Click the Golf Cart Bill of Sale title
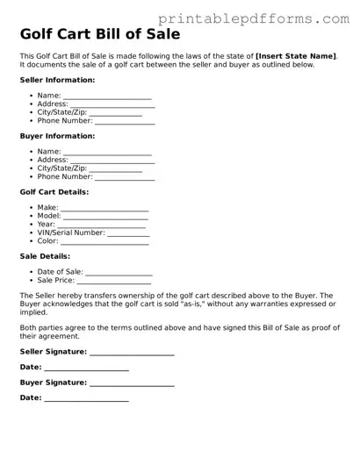[101, 35]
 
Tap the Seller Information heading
[58, 79]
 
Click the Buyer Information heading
[57, 136]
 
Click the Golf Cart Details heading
[54, 192]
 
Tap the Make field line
[104, 209]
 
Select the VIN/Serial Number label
[71, 232]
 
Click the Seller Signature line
[132, 352]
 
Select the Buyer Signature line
[132, 383]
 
